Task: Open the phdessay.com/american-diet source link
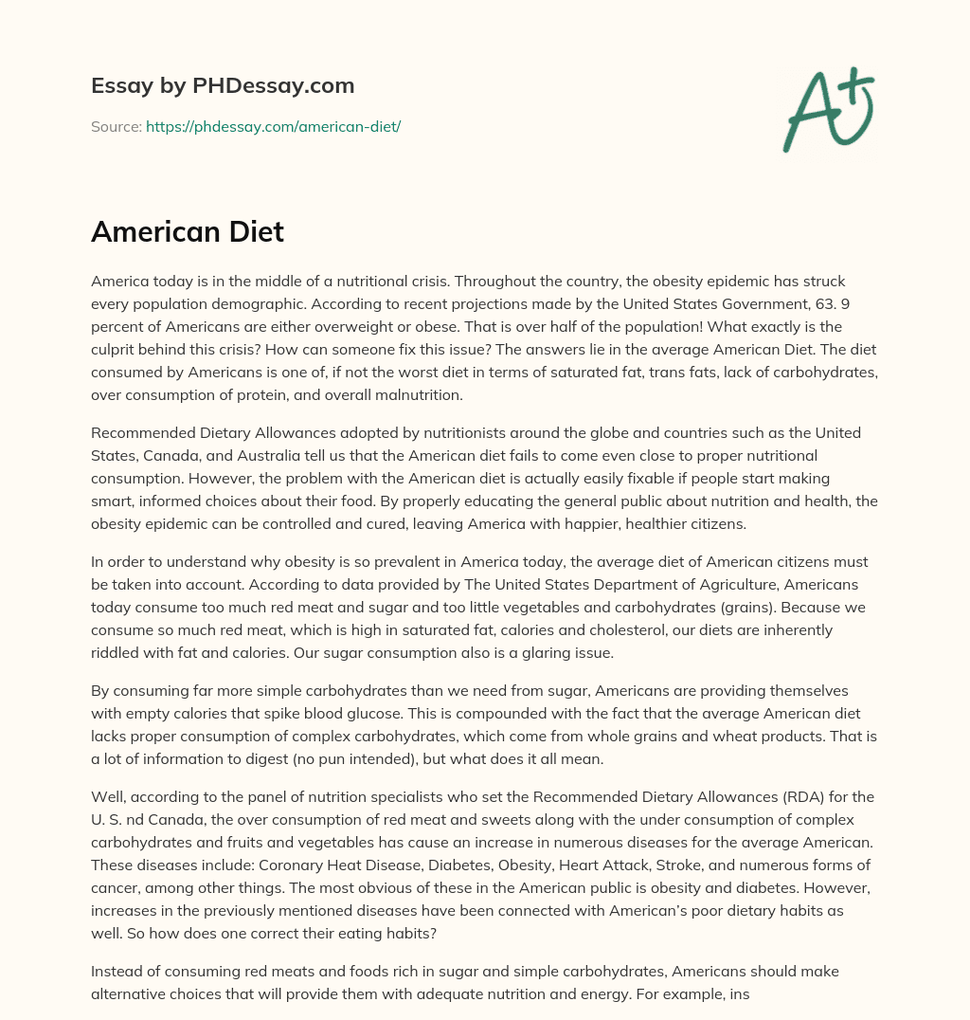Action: click(273, 126)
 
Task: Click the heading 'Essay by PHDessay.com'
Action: click(223, 86)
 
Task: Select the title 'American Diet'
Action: click(188, 231)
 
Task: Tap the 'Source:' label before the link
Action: click(117, 126)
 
